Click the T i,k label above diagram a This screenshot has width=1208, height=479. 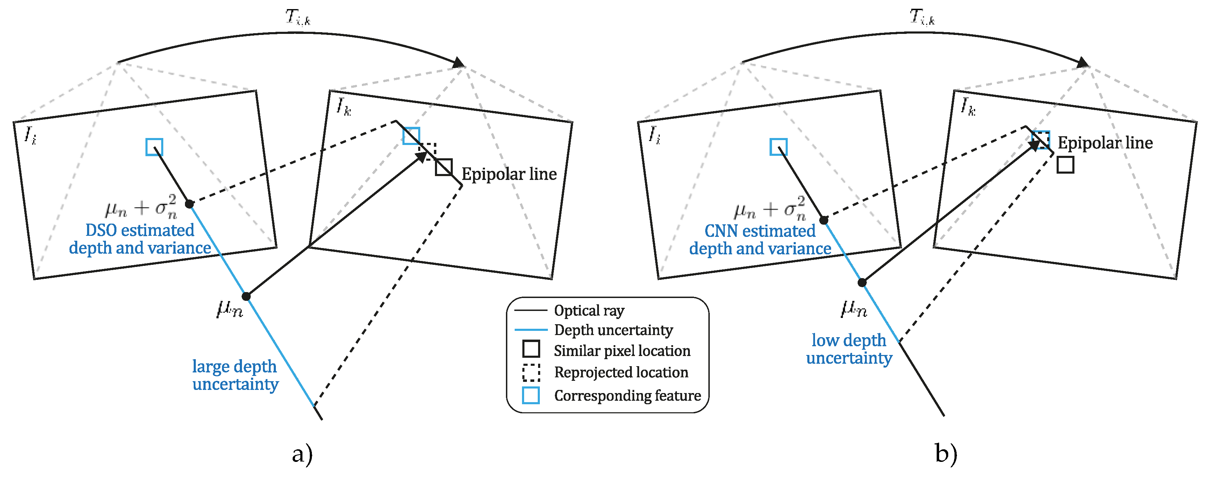[x=298, y=18]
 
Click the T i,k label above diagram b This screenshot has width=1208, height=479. [x=922, y=17]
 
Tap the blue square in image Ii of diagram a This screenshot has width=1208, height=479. [x=154, y=147]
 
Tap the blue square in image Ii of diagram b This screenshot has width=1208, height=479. [x=778, y=147]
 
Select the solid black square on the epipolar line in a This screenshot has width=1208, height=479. [x=444, y=167]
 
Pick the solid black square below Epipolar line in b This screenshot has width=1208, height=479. [x=1065, y=165]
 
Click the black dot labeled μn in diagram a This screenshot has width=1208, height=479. [x=246, y=296]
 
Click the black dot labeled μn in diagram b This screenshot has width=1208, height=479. [x=862, y=282]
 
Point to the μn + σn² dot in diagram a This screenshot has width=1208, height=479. [x=189, y=204]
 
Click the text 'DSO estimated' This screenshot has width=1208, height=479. [x=140, y=230]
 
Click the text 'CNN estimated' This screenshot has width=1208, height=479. [x=760, y=231]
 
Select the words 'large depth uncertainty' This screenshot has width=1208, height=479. [x=235, y=375]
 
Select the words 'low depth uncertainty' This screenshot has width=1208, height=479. [x=849, y=349]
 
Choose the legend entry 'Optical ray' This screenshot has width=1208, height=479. [x=589, y=310]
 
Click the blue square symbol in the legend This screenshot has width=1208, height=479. [x=531, y=395]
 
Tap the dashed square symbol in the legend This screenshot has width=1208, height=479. [x=531, y=372]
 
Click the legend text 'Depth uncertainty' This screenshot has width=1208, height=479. [x=613, y=330]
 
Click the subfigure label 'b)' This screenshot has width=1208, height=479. [x=946, y=454]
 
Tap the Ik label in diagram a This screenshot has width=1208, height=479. [x=343, y=107]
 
